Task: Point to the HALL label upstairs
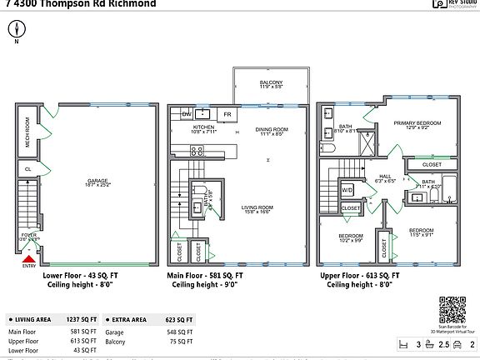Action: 385,177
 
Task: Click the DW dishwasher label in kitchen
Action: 187,113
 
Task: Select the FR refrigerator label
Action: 227,113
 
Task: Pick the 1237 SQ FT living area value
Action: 82,319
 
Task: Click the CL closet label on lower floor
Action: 27,168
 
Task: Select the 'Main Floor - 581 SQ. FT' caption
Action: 205,273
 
